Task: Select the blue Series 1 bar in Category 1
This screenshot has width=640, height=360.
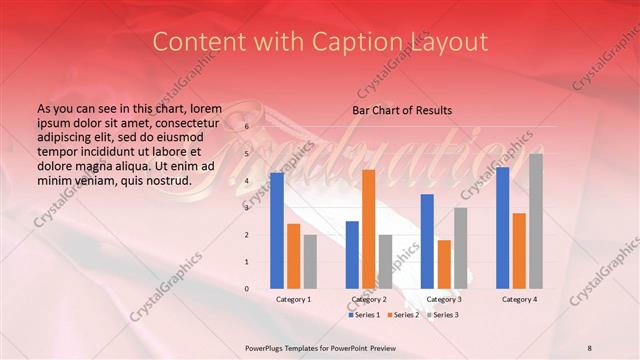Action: (x=276, y=230)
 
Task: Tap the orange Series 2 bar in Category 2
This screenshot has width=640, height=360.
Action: (x=368, y=229)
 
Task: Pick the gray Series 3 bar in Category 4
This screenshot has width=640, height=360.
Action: (x=536, y=221)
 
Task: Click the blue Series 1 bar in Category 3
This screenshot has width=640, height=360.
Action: (x=427, y=241)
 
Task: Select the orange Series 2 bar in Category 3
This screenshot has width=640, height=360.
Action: (x=444, y=264)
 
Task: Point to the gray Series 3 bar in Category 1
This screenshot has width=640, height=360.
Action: (x=310, y=261)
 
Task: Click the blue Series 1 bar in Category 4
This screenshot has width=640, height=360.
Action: (x=502, y=227)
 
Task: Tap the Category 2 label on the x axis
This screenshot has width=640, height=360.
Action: (x=368, y=299)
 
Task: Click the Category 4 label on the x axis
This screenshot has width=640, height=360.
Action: (x=519, y=299)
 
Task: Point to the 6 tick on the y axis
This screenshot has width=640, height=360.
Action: (x=247, y=127)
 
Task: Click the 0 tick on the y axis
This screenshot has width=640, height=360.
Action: (x=247, y=289)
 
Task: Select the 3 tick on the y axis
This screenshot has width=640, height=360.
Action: (x=247, y=208)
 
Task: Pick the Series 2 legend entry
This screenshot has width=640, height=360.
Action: (x=403, y=315)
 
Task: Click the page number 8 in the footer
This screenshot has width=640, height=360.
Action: (x=589, y=346)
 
